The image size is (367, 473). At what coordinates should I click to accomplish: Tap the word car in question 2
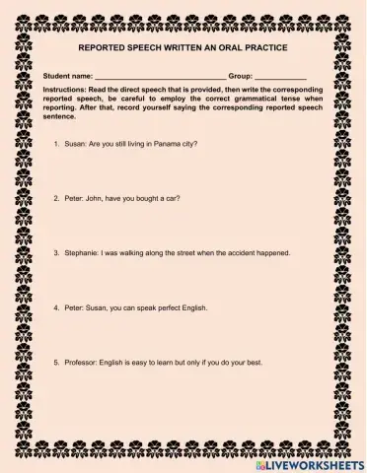(173, 197)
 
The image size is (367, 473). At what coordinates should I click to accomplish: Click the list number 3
(56, 252)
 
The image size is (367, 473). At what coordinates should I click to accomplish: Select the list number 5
(56, 363)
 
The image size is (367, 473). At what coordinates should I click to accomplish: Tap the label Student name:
(68, 75)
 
